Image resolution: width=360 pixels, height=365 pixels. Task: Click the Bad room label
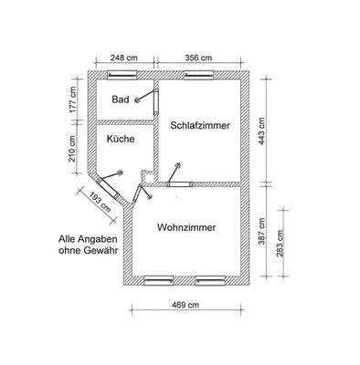click(x=120, y=99)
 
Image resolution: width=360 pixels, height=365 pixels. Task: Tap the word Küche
click(x=121, y=140)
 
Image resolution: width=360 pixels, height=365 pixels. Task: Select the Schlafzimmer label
click(x=199, y=125)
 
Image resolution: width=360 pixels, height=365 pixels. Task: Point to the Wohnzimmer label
click(x=186, y=227)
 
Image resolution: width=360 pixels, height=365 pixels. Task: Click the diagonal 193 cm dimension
click(x=92, y=198)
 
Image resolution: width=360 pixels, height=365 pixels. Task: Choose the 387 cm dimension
click(x=261, y=229)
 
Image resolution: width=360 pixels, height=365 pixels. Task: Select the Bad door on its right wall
click(x=157, y=97)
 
